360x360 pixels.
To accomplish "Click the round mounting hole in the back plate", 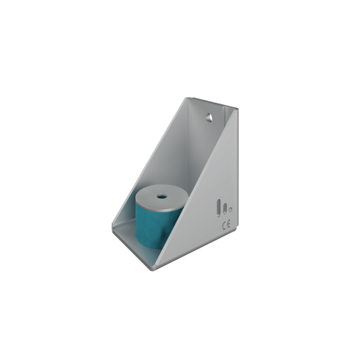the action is pyautogui.click(x=209, y=118).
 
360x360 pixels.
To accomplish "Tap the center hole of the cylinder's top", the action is pyautogui.click(x=162, y=196).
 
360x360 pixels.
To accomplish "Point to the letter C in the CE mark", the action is pyautogui.click(x=224, y=226).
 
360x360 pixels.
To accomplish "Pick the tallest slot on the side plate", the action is pyautogui.click(x=218, y=208).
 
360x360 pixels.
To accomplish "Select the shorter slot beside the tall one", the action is pyautogui.click(x=225, y=209).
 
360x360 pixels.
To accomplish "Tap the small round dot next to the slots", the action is pyautogui.click(x=230, y=209).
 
